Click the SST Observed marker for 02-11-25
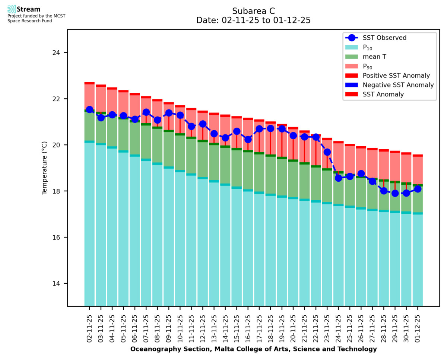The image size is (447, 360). tap(89, 109)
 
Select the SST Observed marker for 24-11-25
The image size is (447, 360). tap(339, 178)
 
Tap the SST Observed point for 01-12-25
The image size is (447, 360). tap(418, 189)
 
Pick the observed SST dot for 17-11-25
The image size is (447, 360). tap(259, 129)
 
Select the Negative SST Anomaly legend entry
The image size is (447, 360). tap(398, 85)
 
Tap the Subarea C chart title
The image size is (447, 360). tap(253, 11)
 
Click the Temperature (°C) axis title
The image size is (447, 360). tap(44, 168)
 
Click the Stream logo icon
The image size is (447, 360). tap(12, 9)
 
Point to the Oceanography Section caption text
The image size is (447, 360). tap(253, 349)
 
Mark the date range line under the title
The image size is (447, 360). tap(253, 20)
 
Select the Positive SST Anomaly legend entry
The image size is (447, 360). tap(396, 76)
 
